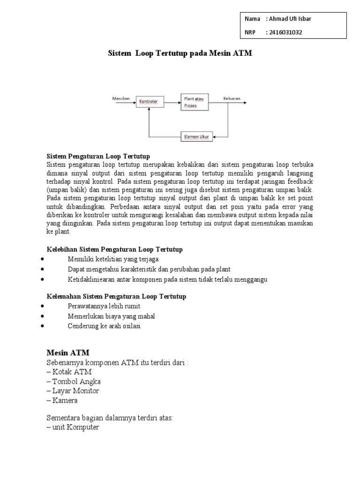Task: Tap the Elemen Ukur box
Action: [197, 137]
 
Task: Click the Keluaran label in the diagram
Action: [232, 98]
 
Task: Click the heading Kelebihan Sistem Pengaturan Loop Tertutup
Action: [115, 249]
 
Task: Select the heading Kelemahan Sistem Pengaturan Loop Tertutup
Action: [116, 296]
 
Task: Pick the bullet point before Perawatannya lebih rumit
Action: [43, 306]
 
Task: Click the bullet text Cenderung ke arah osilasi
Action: [104, 326]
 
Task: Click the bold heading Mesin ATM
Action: [68, 352]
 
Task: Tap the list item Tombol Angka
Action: [74, 382]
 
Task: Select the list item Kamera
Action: [62, 400]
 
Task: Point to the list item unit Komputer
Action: [73, 427]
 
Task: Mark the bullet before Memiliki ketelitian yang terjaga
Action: [43, 259]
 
